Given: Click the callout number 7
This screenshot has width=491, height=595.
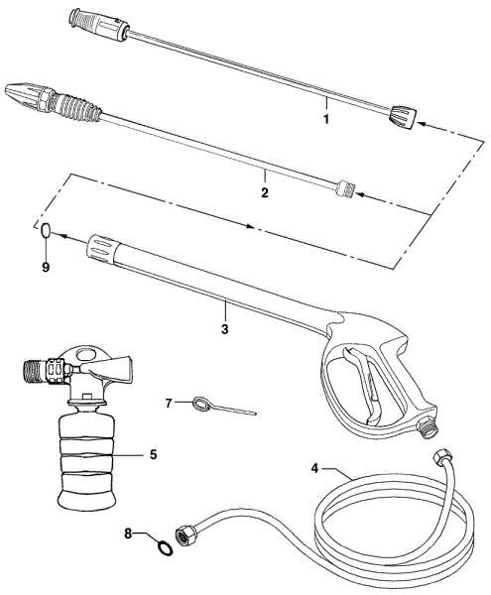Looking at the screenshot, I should (169, 403).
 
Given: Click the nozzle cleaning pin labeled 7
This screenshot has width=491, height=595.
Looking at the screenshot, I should (213, 407).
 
